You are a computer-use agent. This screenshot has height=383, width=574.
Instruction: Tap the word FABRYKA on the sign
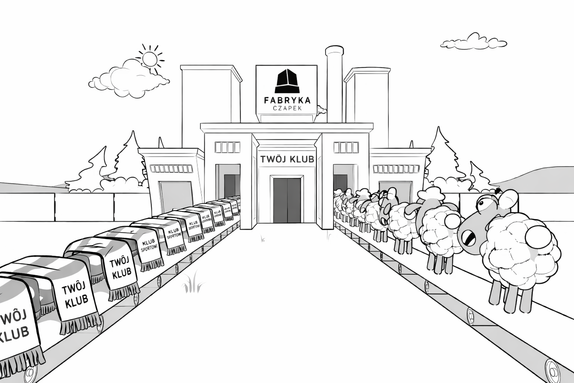(x=287, y=100)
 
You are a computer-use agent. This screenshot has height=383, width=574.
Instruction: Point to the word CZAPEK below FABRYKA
(x=287, y=108)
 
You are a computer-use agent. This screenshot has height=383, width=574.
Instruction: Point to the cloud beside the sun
(x=127, y=75)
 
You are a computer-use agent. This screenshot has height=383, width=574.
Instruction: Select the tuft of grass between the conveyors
(x=193, y=285)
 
